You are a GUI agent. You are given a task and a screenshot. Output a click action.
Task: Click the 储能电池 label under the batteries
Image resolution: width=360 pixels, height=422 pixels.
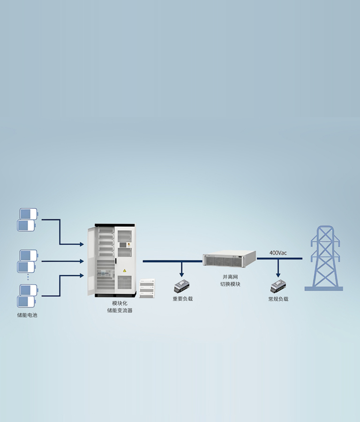coord(27,315)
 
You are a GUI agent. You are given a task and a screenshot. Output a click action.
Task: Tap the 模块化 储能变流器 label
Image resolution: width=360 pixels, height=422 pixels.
coord(120,307)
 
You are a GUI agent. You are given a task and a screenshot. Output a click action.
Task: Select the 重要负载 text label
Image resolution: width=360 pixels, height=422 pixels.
coord(182,299)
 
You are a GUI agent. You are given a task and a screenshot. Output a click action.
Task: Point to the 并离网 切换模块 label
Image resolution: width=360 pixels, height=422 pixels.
coord(230,280)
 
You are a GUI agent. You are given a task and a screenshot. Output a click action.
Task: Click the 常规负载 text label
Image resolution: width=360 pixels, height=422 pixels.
coord(278,299)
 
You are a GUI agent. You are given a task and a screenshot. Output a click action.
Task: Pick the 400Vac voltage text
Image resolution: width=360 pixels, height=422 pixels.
coord(278,253)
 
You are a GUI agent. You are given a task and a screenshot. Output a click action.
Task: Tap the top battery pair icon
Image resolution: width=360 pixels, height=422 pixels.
coord(28,219)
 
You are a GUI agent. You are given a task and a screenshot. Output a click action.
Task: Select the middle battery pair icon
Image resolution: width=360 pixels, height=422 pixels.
coord(28,261)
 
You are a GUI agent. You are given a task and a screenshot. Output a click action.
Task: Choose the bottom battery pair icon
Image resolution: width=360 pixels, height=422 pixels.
coord(28,296)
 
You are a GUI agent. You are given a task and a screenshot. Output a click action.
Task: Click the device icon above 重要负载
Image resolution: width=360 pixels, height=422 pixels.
coord(182,286)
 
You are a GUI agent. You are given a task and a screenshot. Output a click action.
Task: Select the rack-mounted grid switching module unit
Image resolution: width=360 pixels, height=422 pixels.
coord(230,258)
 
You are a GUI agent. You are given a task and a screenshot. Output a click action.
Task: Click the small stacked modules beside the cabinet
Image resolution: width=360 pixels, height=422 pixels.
coord(147,288)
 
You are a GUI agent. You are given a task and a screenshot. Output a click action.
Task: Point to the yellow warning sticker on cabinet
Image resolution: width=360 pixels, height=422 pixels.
coord(124,271)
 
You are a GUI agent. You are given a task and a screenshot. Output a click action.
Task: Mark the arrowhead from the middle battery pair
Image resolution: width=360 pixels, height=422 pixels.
coord(82,261)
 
